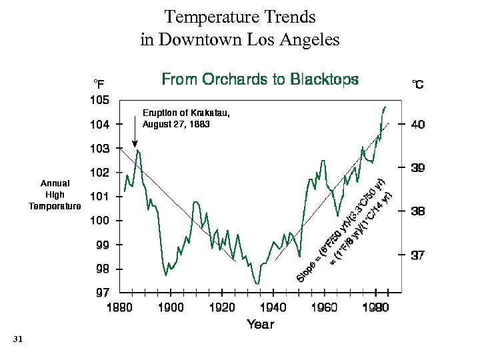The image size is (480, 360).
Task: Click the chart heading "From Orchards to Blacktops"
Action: [260, 80]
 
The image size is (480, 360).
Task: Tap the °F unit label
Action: [98, 83]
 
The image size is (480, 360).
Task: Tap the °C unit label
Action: [417, 85]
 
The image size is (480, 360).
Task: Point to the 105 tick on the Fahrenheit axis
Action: [100, 100]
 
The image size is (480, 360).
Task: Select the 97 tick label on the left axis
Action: [100, 293]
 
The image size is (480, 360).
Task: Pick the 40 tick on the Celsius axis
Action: [417, 125]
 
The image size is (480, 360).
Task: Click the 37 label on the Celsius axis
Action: [417, 255]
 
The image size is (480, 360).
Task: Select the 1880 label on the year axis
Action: [120, 307]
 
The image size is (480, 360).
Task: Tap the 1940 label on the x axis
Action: [273, 307]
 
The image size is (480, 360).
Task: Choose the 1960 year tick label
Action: [324, 307]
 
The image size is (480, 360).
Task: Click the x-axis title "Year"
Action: [260, 324]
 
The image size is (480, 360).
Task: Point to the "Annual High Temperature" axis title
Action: [55, 194]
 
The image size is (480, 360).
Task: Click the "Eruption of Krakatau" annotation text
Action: [186, 113]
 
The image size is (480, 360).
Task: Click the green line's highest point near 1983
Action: [384, 107]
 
